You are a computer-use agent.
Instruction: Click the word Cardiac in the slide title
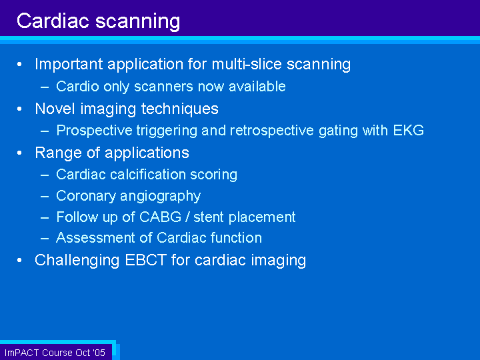click(53, 21)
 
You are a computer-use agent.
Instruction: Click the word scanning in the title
click(137, 22)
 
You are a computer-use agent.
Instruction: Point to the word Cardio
click(77, 86)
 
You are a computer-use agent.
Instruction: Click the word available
click(257, 86)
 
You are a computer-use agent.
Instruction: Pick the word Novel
click(55, 109)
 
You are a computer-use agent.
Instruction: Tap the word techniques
click(180, 109)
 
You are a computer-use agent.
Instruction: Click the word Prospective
click(94, 131)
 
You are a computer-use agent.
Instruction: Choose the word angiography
click(161, 197)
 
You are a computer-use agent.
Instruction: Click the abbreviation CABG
click(161, 217)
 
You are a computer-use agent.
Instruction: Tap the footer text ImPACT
click(22, 353)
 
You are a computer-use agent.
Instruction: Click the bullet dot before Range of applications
click(19, 153)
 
